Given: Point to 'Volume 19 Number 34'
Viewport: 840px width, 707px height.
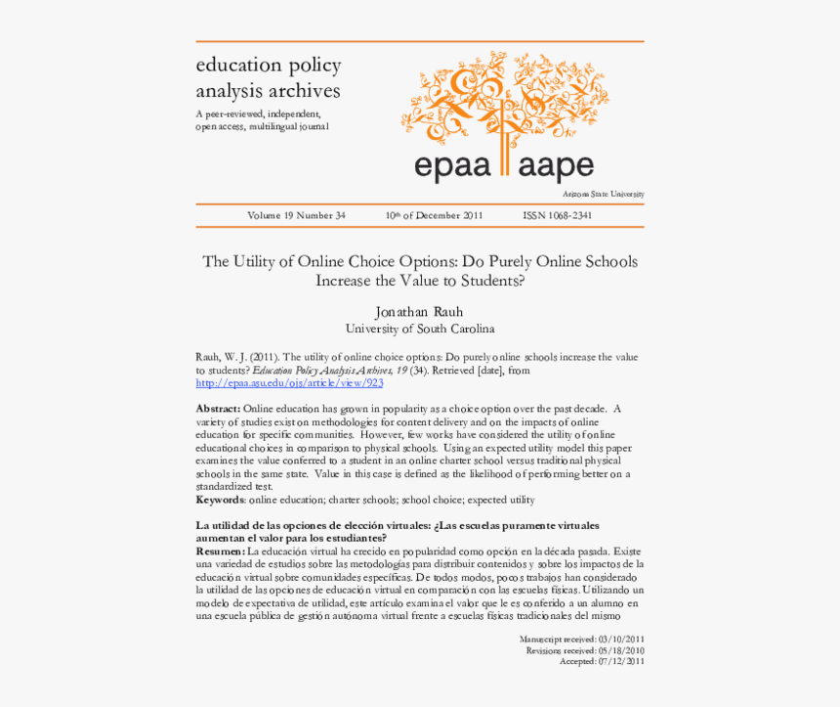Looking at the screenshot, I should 296,216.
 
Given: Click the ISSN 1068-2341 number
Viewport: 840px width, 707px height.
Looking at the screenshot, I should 557,216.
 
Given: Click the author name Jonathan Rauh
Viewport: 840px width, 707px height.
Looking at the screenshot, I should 420,312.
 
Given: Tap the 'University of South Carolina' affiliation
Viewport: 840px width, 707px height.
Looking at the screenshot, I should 420,330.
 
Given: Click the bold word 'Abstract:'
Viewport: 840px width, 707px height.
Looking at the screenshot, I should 218,409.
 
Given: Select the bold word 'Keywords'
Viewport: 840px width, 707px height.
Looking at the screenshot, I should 221,500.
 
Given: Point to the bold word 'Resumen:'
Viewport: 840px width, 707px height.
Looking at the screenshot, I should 221,552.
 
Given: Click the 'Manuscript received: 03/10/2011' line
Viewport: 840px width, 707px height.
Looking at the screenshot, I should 581,639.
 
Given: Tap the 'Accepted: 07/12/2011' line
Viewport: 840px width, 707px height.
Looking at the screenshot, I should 601,661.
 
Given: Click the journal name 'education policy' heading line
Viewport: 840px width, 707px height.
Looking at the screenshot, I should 269,66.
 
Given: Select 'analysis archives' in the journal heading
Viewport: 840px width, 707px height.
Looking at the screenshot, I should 268,91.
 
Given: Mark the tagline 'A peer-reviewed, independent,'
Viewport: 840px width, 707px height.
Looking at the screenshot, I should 258,115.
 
